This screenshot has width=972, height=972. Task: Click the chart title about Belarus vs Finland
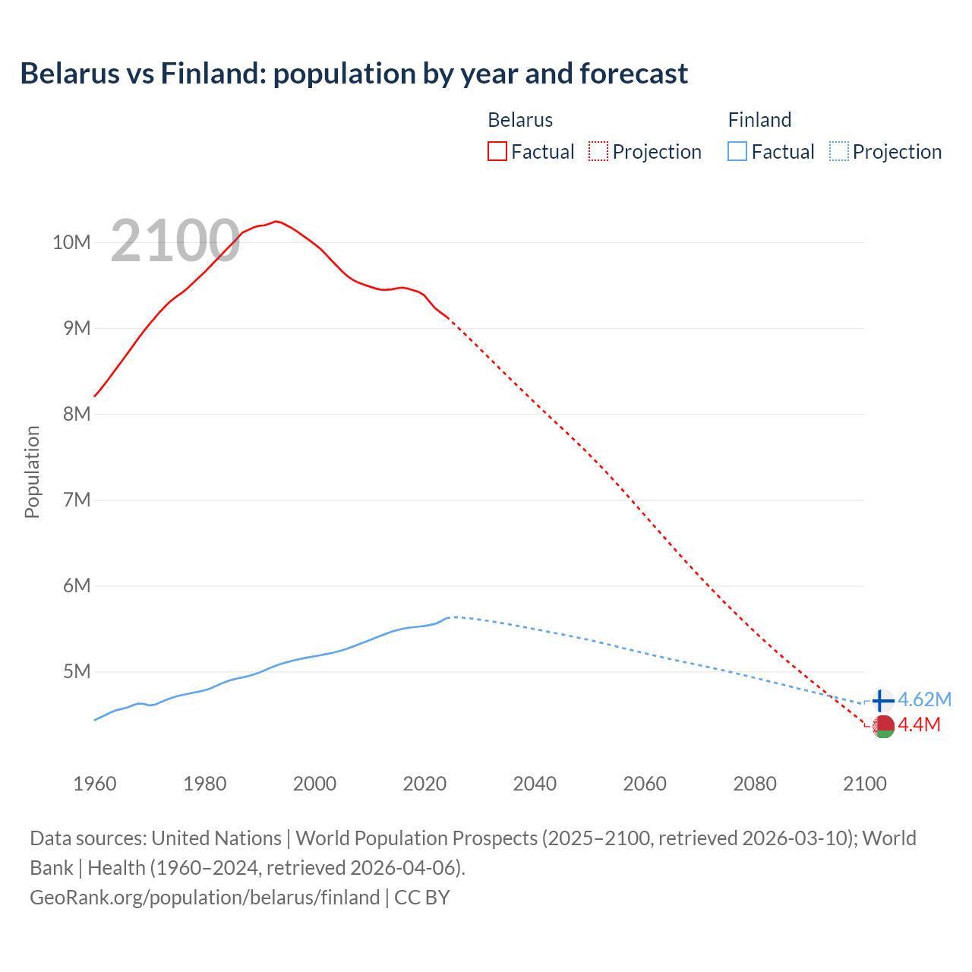tap(354, 74)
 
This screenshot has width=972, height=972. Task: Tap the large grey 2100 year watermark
tap(175, 241)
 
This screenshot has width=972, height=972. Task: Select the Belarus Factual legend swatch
tap(497, 151)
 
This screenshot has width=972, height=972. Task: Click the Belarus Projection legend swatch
tap(598, 151)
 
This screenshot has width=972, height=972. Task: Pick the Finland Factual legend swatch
tap(737, 151)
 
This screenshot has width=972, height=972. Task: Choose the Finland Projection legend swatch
tap(839, 151)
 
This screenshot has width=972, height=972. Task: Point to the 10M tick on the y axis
tap(71, 242)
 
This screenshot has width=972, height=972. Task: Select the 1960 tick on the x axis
tap(95, 784)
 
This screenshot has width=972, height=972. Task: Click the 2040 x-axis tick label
tap(535, 784)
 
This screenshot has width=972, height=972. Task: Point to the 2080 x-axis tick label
tap(755, 784)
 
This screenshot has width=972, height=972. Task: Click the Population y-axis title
tap(32, 472)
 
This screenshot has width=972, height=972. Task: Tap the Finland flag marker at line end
tap(882, 700)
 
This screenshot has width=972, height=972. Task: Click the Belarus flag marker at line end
tap(883, 727)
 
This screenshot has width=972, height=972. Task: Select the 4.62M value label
tap(924, 699)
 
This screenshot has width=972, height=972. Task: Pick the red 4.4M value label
tap(919, 725)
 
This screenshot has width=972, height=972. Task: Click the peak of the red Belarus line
tap(276, 221)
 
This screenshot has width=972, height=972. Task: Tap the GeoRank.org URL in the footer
tap(205, 897)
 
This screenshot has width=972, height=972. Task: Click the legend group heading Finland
tap(759, 120)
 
